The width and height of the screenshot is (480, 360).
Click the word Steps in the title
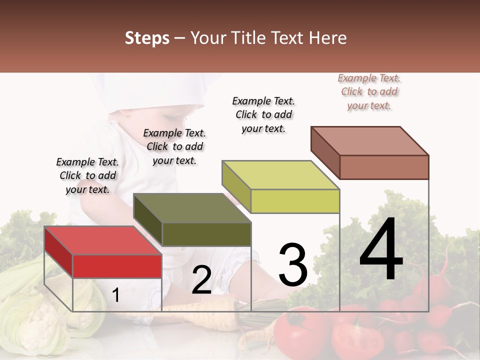(147, 38)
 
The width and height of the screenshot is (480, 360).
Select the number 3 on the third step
(292, 265)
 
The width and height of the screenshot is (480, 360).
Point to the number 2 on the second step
(201, 280)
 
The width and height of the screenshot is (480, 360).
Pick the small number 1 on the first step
(115, 295)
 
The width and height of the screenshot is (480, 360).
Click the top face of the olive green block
(192, 208)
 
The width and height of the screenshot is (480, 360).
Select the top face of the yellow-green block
(280, 175)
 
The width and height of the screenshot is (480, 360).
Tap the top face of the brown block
(369, 140)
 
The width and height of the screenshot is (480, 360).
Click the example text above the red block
(87, 175)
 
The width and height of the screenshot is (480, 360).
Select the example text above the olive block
(174, 146)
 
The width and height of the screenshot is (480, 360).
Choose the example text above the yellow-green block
(263, 114)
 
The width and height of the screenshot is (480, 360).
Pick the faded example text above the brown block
(369, 91)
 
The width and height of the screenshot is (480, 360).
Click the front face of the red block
(117, 266)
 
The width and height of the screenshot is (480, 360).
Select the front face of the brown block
(384, 167)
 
